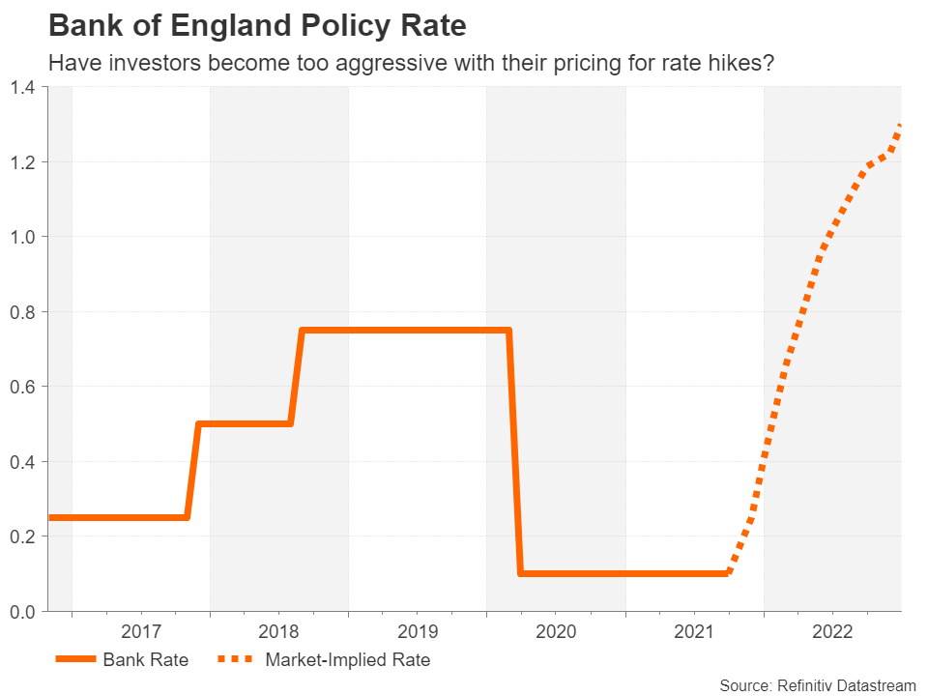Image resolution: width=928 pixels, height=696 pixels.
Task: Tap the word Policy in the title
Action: coord(345,26)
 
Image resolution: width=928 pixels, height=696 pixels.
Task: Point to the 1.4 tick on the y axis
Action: coord(23,88)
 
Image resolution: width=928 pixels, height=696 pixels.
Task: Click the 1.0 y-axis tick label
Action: coord(23,237)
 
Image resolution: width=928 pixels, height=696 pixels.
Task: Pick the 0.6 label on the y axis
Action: coord(23,387)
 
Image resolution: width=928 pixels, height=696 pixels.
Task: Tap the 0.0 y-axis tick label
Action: coord(23,611)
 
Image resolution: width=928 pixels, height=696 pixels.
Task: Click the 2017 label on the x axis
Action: coord(141,631)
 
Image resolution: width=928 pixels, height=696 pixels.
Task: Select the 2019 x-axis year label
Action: coord(418,631)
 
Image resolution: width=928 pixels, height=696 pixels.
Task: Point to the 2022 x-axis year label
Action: coord(832,631)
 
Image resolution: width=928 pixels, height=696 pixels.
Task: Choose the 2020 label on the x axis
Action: coord(556,631)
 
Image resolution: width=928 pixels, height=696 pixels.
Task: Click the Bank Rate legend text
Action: coord(146,659)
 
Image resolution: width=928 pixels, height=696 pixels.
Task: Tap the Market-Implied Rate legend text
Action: coord(348,659)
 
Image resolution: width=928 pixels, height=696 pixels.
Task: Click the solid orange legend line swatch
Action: coord(75,658)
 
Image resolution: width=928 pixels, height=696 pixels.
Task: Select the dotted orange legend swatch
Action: coord(236,658)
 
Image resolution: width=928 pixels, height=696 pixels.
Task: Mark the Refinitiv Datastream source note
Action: coord(818,686)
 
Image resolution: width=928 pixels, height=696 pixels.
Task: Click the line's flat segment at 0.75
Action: coord(405,331)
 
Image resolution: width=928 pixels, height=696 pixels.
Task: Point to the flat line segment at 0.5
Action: coord(245,423)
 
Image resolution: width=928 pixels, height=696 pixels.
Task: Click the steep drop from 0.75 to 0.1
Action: coord(515,451)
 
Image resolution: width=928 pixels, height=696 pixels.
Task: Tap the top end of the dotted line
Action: coord(900,126)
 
